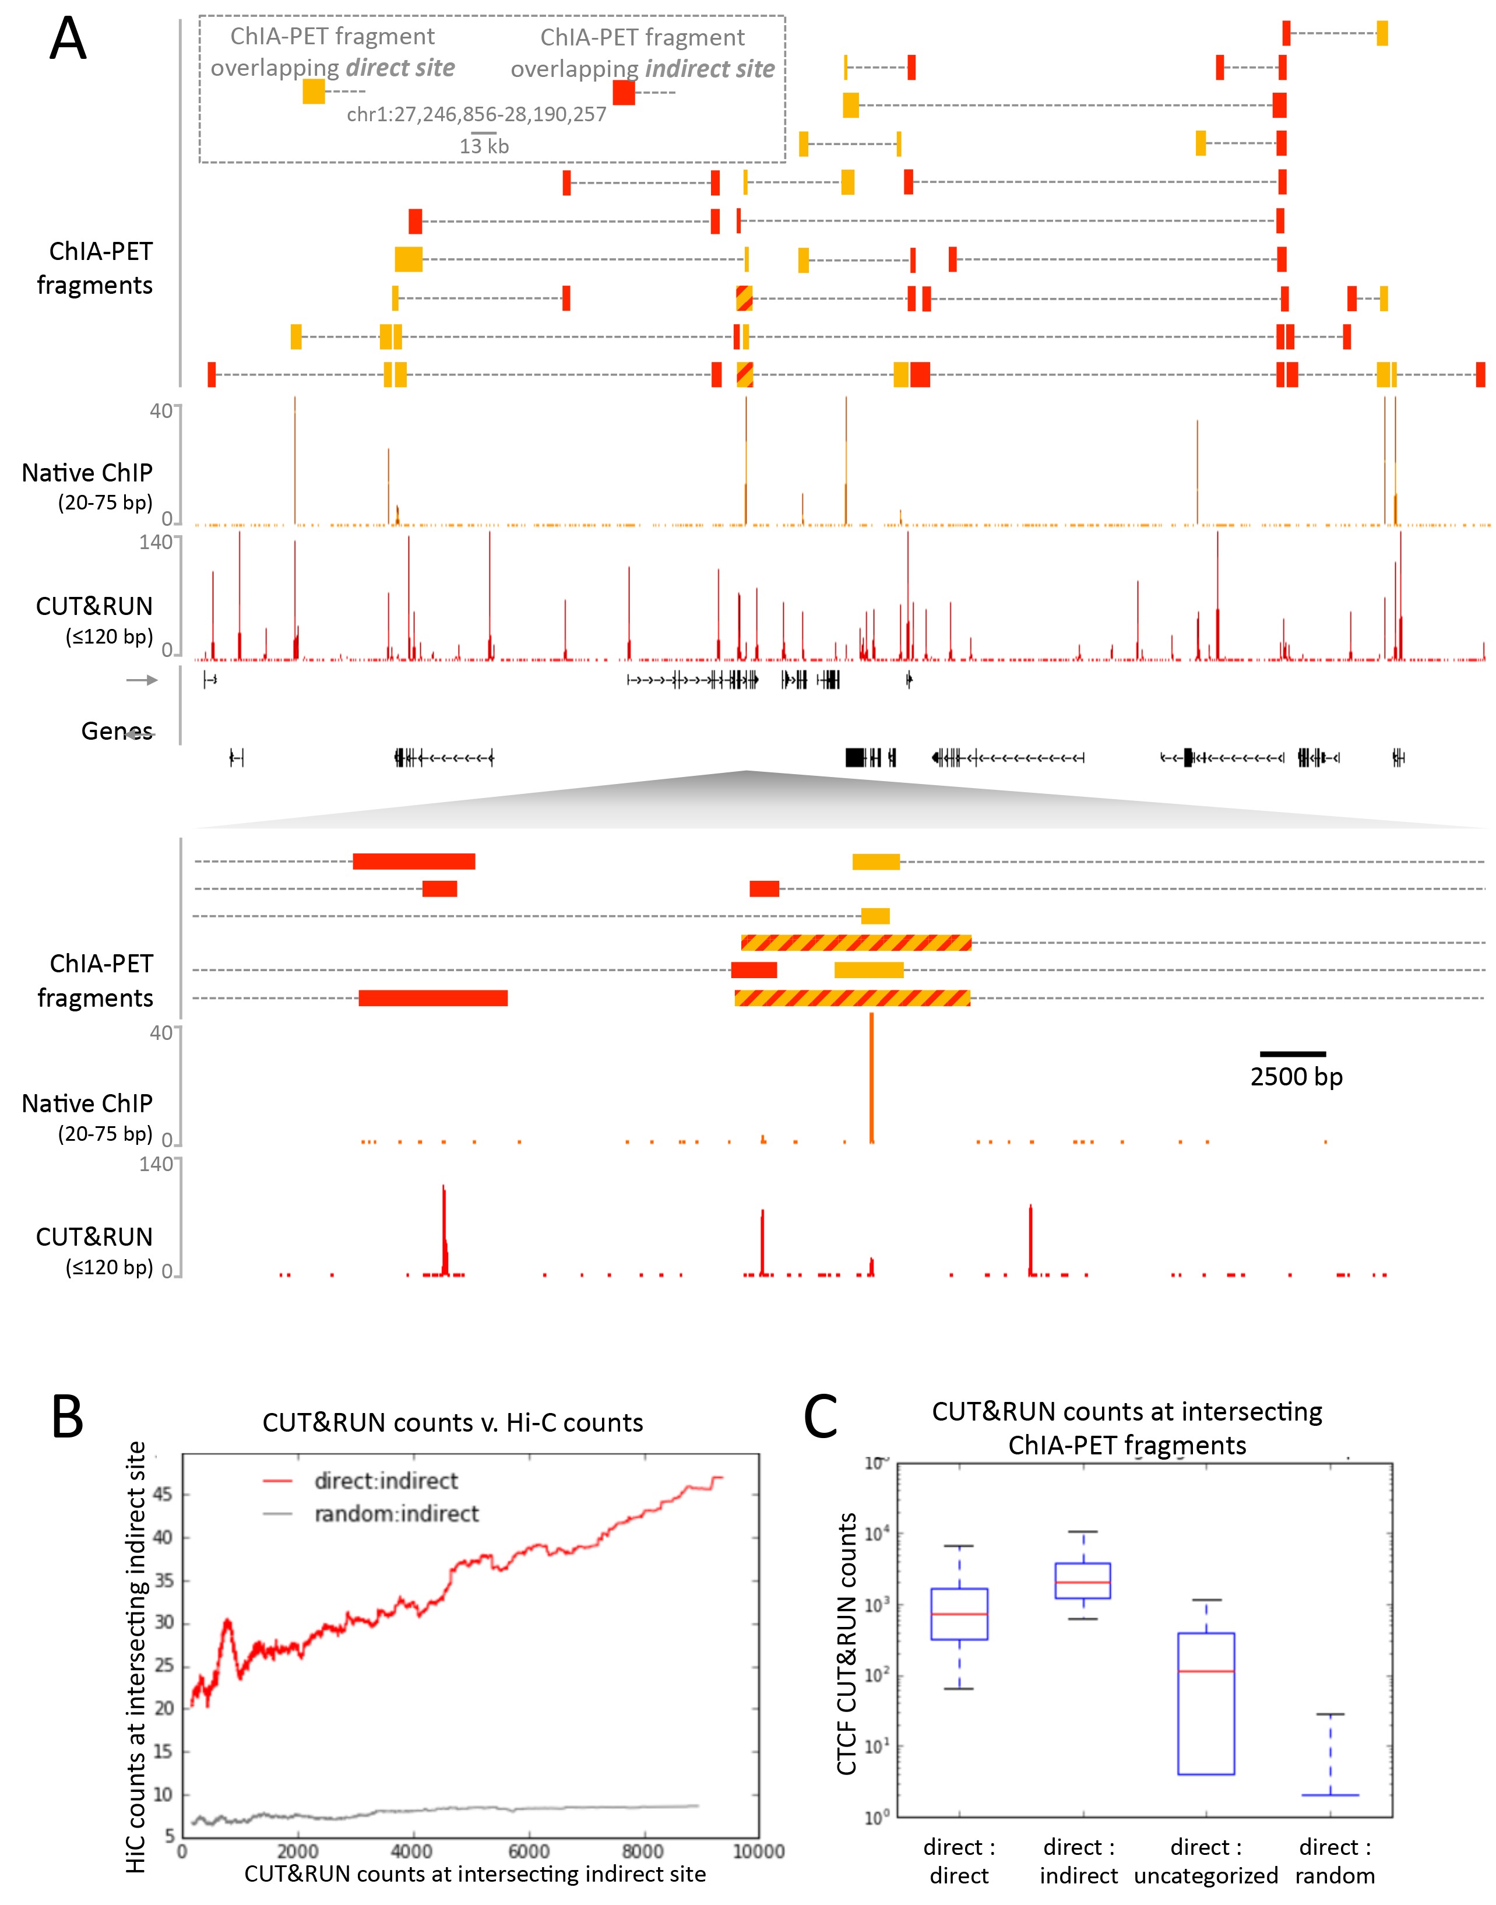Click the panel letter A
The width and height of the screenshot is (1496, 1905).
[x=68, y=40]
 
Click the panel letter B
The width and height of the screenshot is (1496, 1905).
[x=68, y=1417]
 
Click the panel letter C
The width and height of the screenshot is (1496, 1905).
[x=821, y=1417]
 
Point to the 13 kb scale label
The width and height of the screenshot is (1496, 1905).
[x=484, y=146]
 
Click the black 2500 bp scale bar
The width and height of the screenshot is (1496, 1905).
[x=1292, y=1054]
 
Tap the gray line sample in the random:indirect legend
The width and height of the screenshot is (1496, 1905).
[x=277, y=1513]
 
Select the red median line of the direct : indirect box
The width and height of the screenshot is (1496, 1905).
[x=1083, y=1582]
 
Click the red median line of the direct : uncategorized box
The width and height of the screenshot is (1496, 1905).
[x=1206, y=1671]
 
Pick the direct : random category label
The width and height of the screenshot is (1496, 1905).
[x=1335, y=1861]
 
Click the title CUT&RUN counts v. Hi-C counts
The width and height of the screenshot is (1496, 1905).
[x=453, y=1422]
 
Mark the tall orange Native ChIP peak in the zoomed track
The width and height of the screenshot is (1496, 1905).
[x=871, y=1077]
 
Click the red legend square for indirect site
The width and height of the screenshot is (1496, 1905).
[x=624, y=92]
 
